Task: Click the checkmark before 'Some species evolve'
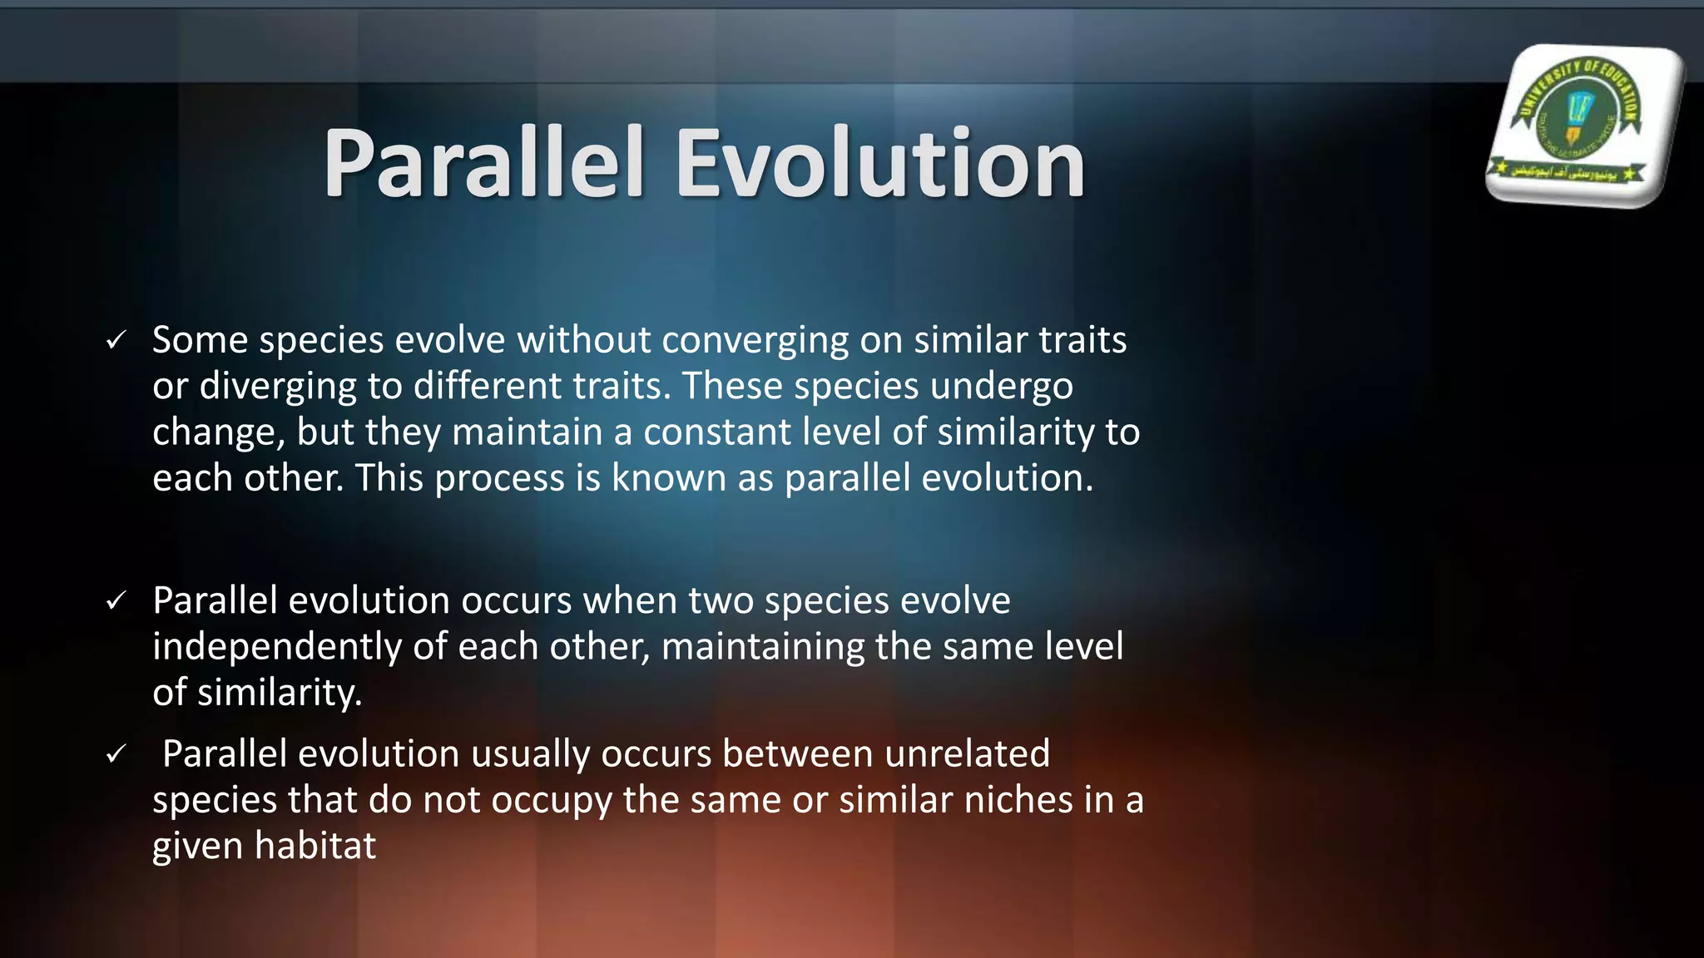pos(116,340)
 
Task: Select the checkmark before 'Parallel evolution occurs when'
pos(116,600)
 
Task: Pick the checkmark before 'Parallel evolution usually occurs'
pos(116,754)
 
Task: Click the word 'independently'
pos(277,647)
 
